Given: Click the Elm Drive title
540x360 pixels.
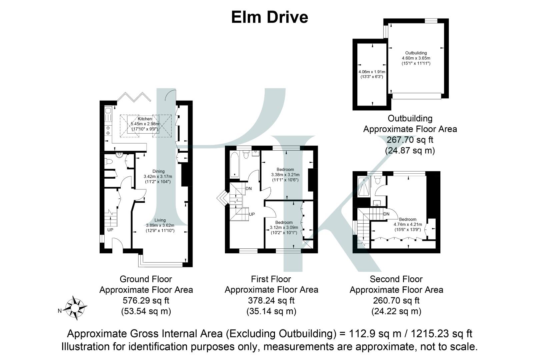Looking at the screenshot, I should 269,17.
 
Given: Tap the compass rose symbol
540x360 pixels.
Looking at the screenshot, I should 75,308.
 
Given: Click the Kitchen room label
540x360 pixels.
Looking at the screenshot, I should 145,119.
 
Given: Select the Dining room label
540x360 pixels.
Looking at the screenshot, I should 159,171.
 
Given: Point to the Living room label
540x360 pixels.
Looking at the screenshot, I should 160,220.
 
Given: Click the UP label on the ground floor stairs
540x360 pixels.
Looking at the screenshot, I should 110,230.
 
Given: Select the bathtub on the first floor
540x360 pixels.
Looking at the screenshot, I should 234,165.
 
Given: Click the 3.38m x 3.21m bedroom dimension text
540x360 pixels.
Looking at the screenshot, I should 285,175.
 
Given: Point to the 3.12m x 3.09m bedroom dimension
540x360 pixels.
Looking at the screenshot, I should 284,228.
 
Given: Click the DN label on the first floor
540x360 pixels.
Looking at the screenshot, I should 249,189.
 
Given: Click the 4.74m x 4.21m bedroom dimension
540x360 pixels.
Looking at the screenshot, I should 408,224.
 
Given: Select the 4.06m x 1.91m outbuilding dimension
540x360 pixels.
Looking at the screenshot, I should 372,72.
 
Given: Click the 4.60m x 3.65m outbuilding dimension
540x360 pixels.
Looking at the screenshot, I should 416,58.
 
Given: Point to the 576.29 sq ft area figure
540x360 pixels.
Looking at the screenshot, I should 146,300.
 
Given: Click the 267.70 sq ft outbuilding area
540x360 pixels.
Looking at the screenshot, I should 410,140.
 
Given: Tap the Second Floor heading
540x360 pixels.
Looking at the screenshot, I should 396,279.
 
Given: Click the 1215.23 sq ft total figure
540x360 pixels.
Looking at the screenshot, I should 441,334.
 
